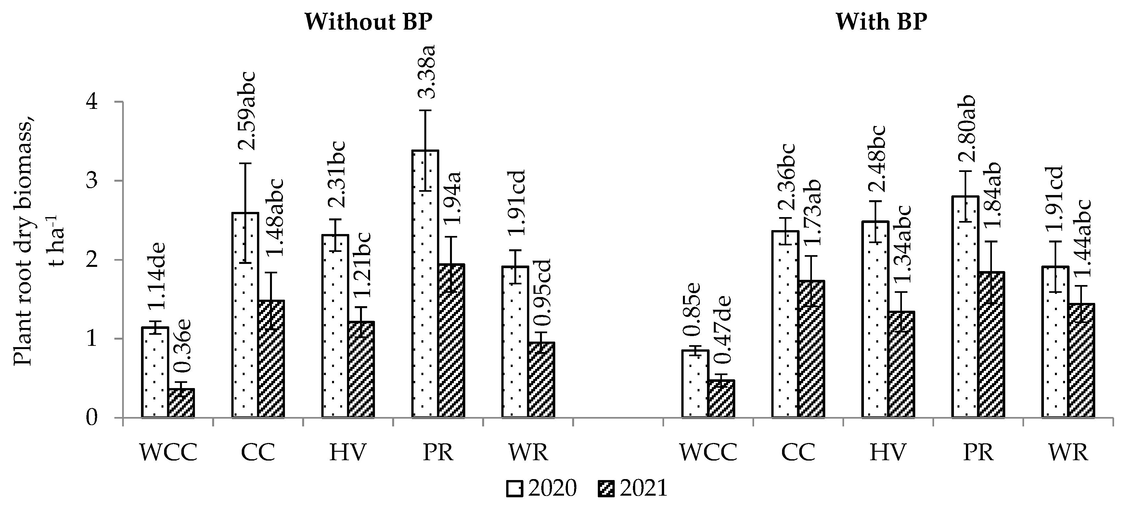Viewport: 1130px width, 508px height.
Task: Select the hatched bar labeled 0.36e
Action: click(181, 402)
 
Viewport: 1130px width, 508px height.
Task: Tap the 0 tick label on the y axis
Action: click(92, 418)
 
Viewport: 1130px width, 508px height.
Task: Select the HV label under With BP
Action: click(888, 452)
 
